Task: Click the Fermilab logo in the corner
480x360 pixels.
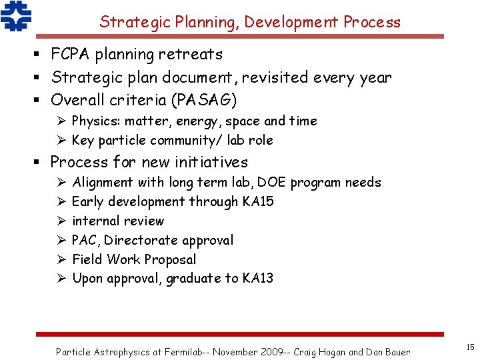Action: click(16, 17)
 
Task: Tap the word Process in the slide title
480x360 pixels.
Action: click(372, 22)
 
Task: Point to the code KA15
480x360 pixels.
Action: click(258, 202)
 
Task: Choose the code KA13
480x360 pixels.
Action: click(257, 279)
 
